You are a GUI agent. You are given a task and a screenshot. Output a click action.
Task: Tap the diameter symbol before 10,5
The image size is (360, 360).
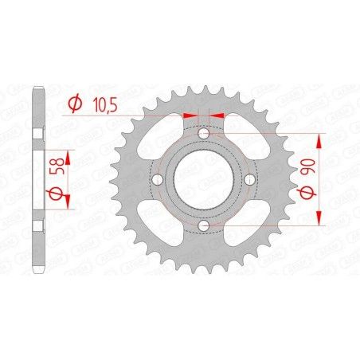(74, 102)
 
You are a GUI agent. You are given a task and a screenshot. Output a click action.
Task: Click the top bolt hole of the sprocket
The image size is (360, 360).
(204, 134)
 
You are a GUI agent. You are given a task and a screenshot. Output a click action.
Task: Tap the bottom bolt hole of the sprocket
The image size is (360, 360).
(204, 229)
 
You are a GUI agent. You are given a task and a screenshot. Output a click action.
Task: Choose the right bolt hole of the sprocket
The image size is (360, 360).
(252, 182)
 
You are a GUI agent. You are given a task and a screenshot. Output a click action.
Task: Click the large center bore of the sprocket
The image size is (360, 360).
(204, 182)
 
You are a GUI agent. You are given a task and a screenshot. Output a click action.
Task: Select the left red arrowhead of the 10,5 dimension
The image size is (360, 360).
(190, 114)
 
